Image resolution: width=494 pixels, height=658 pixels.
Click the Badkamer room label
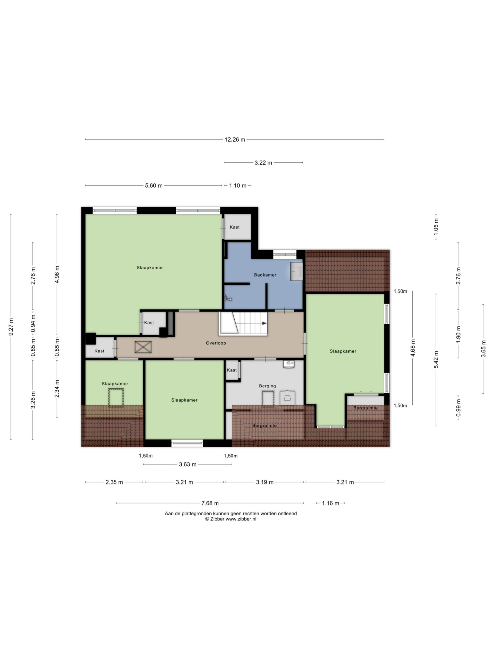265,275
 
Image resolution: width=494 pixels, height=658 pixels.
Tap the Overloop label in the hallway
216,343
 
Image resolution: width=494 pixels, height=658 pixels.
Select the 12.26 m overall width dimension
235,140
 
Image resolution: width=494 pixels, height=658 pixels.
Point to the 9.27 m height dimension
11,327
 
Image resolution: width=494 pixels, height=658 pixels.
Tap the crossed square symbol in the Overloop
143,347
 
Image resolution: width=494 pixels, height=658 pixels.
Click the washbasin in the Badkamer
296,271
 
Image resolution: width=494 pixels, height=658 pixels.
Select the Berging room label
267,386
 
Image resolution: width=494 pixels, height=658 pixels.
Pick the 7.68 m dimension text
210,503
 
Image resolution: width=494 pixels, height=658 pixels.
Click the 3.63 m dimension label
188,464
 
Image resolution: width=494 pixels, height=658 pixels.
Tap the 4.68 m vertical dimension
413,348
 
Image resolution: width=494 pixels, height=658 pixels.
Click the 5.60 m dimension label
154,186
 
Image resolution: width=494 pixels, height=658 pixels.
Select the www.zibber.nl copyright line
231,519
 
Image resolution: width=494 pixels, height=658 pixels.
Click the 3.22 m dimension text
263,163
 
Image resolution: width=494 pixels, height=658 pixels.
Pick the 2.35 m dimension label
114,482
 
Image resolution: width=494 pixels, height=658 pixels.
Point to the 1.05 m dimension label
436,227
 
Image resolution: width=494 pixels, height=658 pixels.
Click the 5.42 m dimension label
436,360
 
